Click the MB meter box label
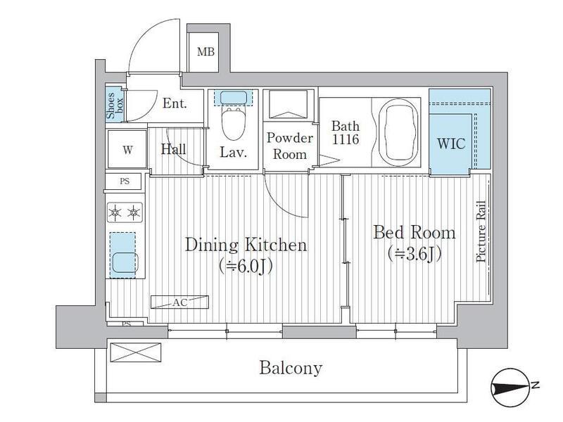[205, 52]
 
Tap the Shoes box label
[114, 105]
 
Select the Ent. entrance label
[175, 103]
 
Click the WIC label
[451, 143]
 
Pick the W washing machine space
[127, 150]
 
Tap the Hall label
[173, 149]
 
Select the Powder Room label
[290, 146]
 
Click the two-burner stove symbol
[125, 212]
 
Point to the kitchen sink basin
[124, 262]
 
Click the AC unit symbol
[179, 302]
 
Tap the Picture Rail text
[481, 231]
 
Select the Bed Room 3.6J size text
[415, 255]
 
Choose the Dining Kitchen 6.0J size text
[246, 267]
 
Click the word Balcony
[291, 368]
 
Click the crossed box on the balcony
[135, 352]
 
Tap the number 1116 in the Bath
[346, 139]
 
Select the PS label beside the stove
[125, 181]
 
